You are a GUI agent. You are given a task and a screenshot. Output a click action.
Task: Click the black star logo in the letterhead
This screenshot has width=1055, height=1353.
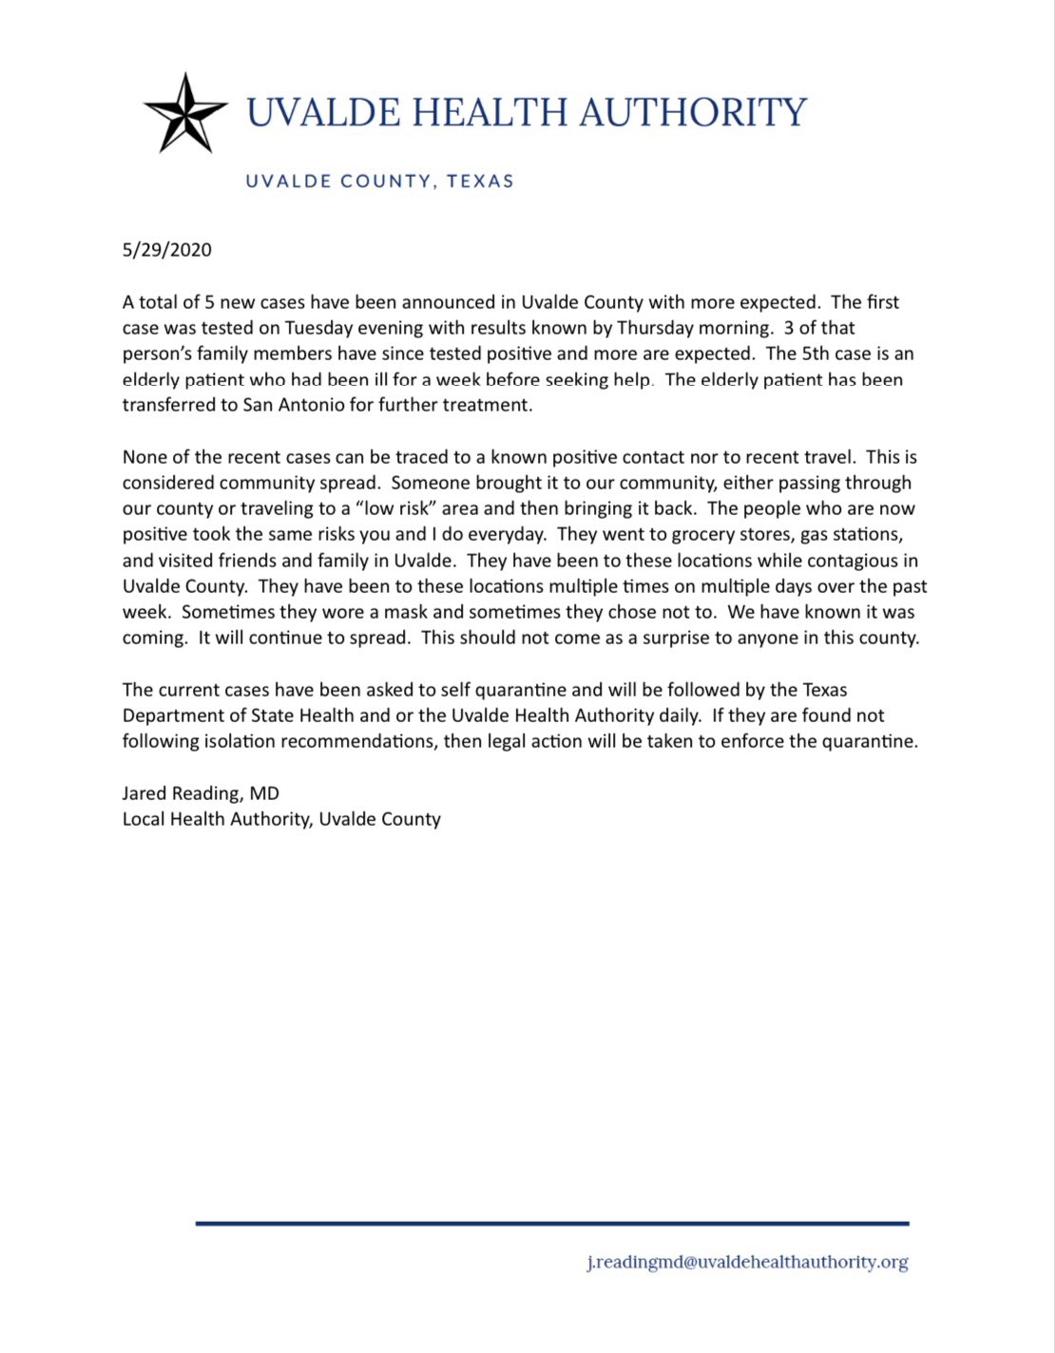click(184, 113)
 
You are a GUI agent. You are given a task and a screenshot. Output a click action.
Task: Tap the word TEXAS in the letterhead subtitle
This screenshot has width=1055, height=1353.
click(480, 181)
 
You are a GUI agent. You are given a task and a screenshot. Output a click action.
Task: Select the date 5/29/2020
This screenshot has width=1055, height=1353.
click(167, 250)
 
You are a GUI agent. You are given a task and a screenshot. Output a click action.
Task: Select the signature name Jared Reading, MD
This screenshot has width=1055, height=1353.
click(201, 793)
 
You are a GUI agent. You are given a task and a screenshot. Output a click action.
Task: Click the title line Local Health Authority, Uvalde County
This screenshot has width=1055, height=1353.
click(281, 819)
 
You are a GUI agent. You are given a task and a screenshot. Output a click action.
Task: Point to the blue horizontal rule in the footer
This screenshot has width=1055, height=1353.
click(551, 1224)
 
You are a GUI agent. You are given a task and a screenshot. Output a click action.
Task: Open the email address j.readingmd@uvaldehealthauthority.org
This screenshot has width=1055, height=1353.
click(747, 1263)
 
